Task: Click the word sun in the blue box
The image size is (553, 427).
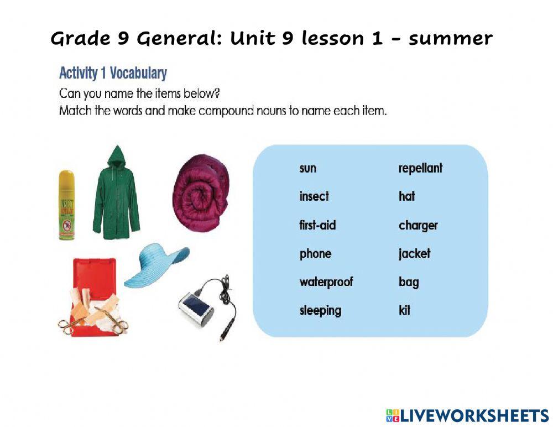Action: [308, 168]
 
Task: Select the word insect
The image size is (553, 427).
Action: [314, 196]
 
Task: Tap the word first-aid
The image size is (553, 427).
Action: [317, 225]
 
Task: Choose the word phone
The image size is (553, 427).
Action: [315, 254]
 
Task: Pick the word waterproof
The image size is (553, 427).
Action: [326, 282]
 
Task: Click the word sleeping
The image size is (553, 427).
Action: [320, 310]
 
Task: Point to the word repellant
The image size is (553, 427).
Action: [420, 168]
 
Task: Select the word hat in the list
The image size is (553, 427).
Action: [406, 196]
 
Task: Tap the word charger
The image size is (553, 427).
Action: [418, 225]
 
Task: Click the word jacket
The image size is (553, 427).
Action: [414, 254]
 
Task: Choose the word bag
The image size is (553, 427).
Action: [409, 282]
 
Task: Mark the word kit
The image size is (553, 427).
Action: [404, 310]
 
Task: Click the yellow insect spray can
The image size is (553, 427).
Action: [66, 205]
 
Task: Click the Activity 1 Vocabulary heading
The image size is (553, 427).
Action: [113, 73]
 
